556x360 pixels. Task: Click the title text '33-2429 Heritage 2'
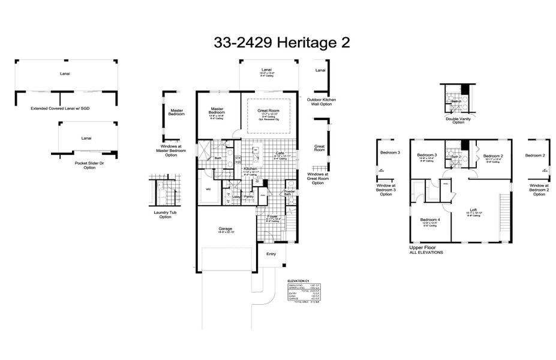(281, 43)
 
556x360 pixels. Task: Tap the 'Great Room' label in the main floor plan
(269, 110)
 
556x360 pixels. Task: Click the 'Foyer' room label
(272, 215)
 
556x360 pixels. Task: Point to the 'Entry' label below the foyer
(271, 254)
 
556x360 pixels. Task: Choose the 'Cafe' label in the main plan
(279, 154)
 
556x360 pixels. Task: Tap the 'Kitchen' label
(250, 169)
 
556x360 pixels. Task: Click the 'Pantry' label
(249, 196)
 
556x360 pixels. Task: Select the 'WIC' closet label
(208, 189)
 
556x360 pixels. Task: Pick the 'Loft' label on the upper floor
(473, 209)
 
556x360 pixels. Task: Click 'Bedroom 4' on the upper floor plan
(430, 220)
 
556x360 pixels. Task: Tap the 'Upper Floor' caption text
(421, 247)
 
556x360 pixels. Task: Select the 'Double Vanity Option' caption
(458, 120)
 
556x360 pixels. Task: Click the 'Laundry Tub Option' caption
(165, 214)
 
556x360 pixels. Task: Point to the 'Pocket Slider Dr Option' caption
(89, 165)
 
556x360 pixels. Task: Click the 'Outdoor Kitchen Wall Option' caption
(321, 101)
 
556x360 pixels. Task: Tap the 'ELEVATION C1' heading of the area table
(298, 281)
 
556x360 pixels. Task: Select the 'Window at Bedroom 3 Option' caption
(386, 190)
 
